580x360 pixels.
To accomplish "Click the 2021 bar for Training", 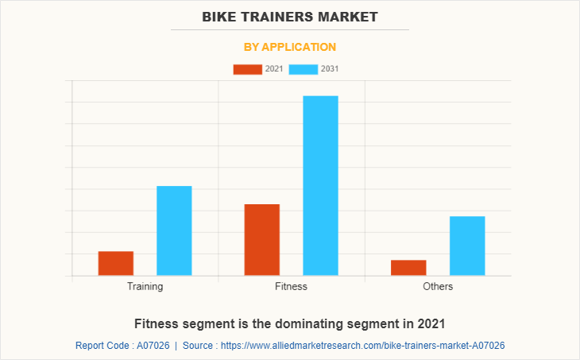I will pyautogui.click(x=116, y=263).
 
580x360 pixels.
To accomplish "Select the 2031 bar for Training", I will pyautogui.click(x=174, y=230).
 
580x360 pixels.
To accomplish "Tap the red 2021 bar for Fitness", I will pyautogui.click(x=262, y=239).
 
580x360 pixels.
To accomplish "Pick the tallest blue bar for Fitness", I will pyautogui.click(x=320, y=185).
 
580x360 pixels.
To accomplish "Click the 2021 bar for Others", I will pyautogui.click(x=408, y=268).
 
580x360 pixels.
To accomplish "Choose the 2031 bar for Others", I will pyautogui.click(x=467, y=246).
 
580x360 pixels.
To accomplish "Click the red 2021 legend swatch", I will pyautogui.click(x=247, y=69).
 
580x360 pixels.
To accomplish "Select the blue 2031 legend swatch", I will pyautogui.click(x=304, y=69).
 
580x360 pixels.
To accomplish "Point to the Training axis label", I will pyautogui.click(x=145, y=286).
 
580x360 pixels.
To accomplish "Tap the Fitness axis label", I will pyautogui.click(x=291, y=286).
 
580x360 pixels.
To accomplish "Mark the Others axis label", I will pyautogui.click(x=438, y=286).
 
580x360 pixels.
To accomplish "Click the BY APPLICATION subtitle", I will pyautogui.click(x=290, y=47).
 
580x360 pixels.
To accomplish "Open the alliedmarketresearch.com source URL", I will pyautogui.click(x=362, y=346).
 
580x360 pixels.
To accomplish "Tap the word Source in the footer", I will pyautogui.click(x=198, y=346).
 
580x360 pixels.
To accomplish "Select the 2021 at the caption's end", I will pyautogui.click(x=429, y=323).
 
